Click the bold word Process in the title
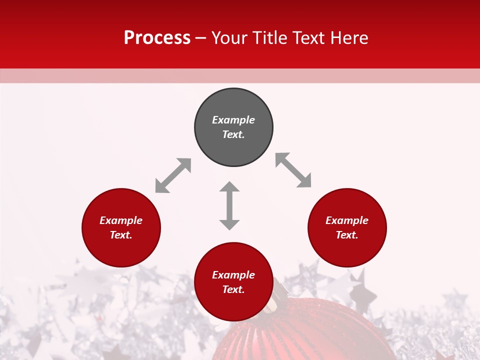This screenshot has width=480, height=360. (x=157, y=38)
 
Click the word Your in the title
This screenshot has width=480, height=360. (x=229, y=38)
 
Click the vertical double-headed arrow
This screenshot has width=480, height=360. (x=229, y=205)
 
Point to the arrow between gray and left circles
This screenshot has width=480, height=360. (x=173, y=175)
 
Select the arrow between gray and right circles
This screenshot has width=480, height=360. (x=293, y=170)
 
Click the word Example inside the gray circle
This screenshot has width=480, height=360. (x=233, y=120)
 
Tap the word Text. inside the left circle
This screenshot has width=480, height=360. (x=121, y=235)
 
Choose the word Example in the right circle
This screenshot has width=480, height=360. (x=347, y=220)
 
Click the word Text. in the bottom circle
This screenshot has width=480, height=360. (x=233, y=289)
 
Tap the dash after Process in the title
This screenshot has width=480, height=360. (x=201, y=38)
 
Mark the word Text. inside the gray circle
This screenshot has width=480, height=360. (x=233, y=134)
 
